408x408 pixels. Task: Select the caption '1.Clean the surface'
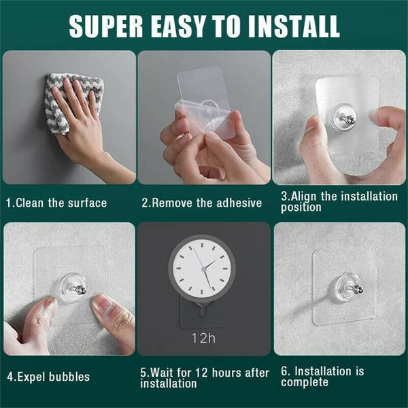(x=56, y=203)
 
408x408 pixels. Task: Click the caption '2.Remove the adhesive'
(x=201, y=203)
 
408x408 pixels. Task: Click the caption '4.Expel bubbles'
(x=48, y=376)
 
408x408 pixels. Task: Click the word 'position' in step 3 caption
(x=301, y=207)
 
